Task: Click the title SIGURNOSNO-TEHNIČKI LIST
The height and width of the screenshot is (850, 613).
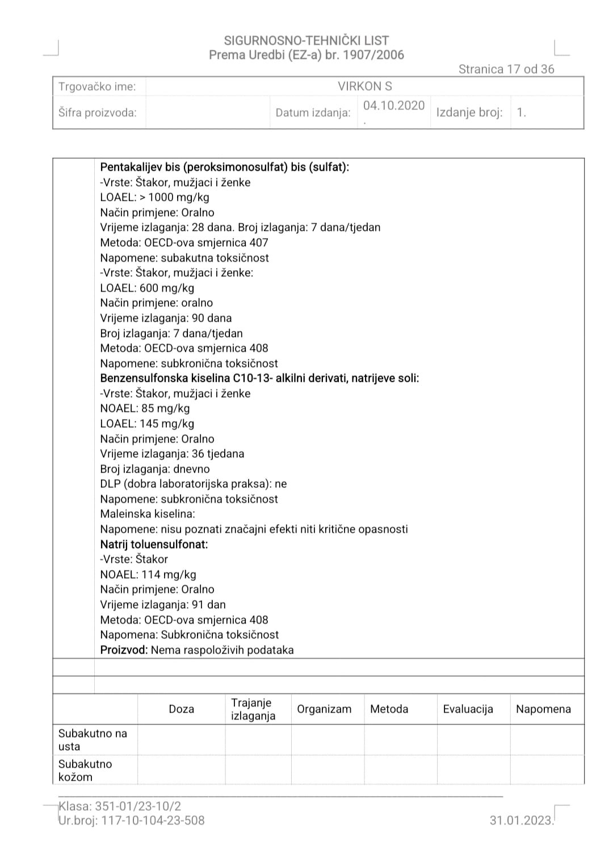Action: (306, 40)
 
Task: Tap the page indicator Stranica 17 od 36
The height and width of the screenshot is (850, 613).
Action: (506, 69)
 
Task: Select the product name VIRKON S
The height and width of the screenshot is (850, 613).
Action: (365, 86)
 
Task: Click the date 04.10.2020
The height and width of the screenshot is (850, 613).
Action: (394, 106)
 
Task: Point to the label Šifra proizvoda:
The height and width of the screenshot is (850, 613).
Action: (98, 112)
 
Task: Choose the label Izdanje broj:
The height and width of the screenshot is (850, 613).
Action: (469, 112)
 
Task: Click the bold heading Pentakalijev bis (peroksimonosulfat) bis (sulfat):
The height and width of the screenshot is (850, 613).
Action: (225, 167)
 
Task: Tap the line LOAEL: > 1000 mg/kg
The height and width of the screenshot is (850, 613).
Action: (155, 197)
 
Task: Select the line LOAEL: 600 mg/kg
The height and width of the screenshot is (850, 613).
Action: (147, 288)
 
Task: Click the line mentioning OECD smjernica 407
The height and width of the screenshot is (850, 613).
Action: (184, 242)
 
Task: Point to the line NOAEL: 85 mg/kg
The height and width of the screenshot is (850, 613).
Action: (145, 409)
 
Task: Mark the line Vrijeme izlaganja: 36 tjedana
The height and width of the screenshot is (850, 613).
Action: (172, 454)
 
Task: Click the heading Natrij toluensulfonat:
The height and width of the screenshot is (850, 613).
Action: (154, 544)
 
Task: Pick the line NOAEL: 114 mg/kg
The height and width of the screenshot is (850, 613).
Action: (148, 574)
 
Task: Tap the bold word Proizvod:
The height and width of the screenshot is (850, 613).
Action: (124, 650)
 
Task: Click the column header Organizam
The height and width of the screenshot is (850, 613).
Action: (324, 709)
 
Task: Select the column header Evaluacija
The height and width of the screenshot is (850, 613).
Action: (468, 709)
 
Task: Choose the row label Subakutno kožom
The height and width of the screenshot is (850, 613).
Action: (85, 770)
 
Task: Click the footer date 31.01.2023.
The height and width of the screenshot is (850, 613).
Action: (521, 820)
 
